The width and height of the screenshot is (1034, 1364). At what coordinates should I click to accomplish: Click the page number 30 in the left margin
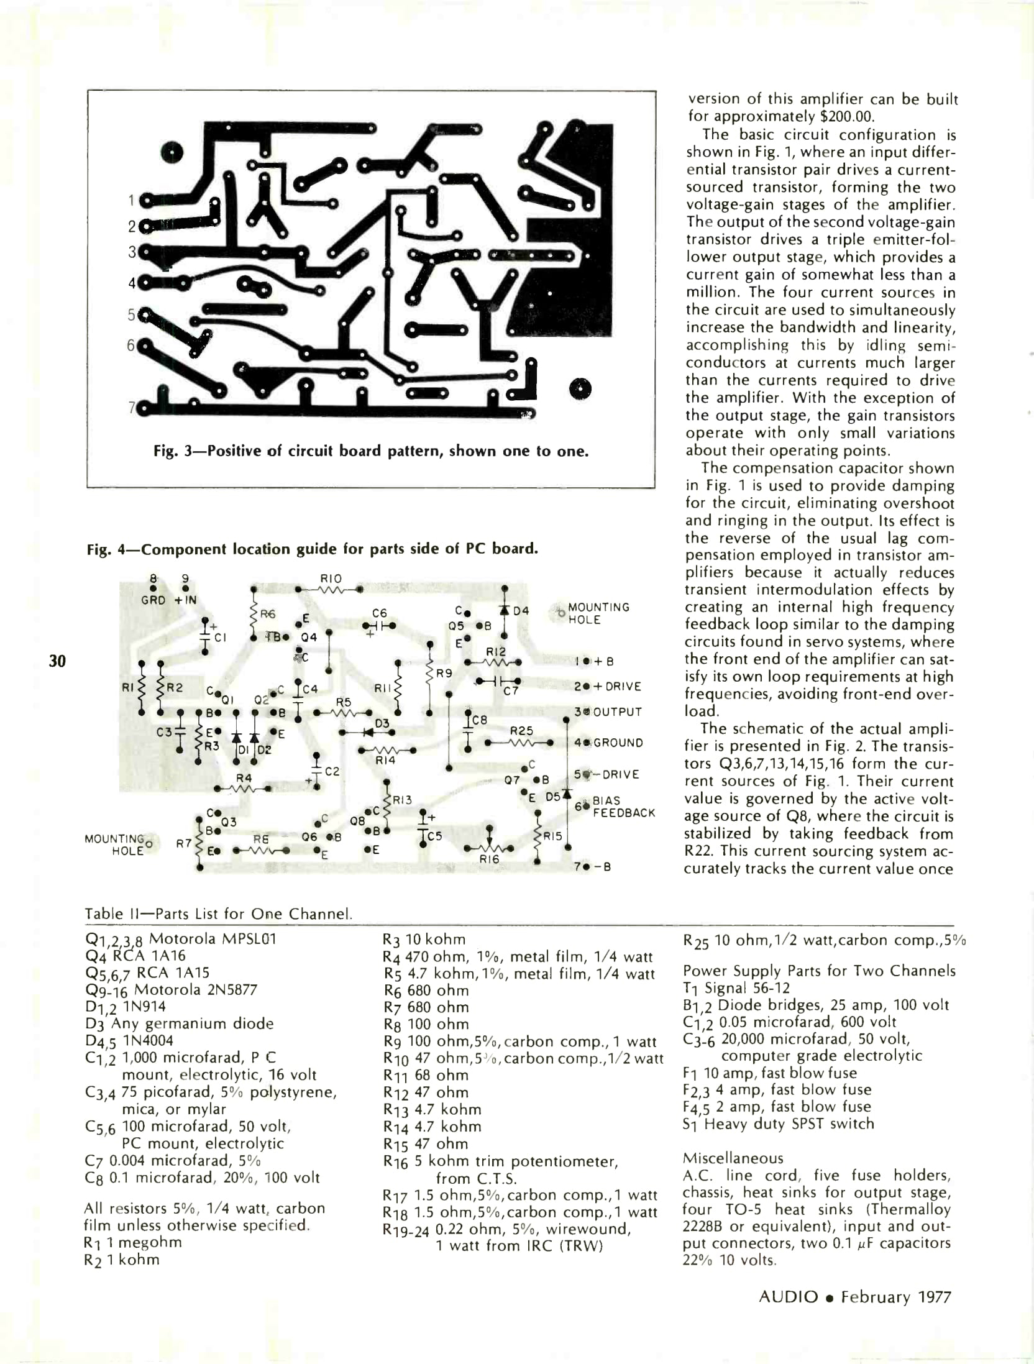tap(57, 661)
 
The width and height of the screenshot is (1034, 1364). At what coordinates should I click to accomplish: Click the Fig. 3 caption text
tap(370, 451)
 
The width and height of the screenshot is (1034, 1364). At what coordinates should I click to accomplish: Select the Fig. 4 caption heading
tap(312, 549)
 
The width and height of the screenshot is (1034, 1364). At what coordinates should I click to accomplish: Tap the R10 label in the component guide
tap(331, 579)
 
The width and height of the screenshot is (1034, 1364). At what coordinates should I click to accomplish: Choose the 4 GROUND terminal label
tap(610, 743)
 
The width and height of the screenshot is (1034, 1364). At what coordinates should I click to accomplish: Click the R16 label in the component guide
tap(489, 859)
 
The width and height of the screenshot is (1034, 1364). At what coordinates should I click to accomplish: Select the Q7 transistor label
tap(512, 779)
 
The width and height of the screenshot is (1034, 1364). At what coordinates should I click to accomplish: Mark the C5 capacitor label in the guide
tap(435, 836)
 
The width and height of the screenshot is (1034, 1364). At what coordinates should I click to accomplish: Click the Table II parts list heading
tap(219, 914)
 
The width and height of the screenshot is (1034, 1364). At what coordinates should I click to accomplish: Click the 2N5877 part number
tap(226, 990)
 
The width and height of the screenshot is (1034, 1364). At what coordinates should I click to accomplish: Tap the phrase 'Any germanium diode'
tap(192, 1023)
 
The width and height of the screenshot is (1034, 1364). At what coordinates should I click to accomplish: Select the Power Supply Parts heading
tap(819, 971)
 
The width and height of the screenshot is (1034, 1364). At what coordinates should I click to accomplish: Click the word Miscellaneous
tap(733, 1158)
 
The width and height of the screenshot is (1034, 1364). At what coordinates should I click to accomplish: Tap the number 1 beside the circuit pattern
tap(131, 200)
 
